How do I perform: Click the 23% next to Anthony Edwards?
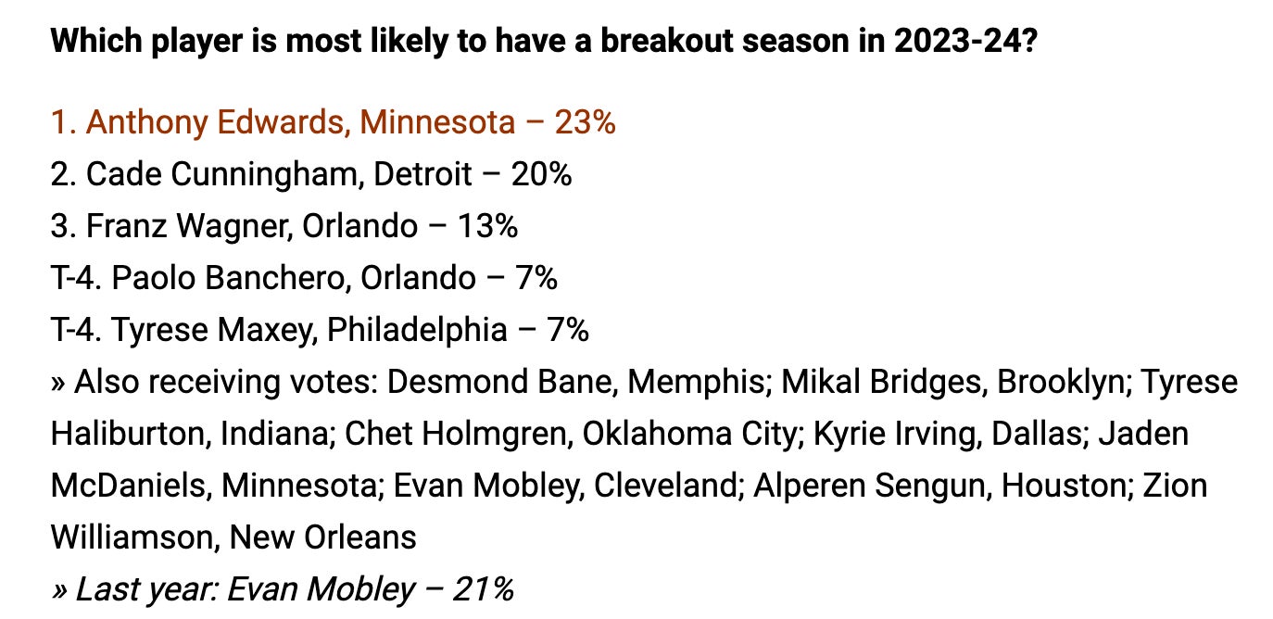tap(585, 122)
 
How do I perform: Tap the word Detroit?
tap(422, 174)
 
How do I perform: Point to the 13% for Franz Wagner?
tap(487, 226)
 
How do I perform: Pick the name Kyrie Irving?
tap(884, 434)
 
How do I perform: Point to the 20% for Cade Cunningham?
tap(541, 174)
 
